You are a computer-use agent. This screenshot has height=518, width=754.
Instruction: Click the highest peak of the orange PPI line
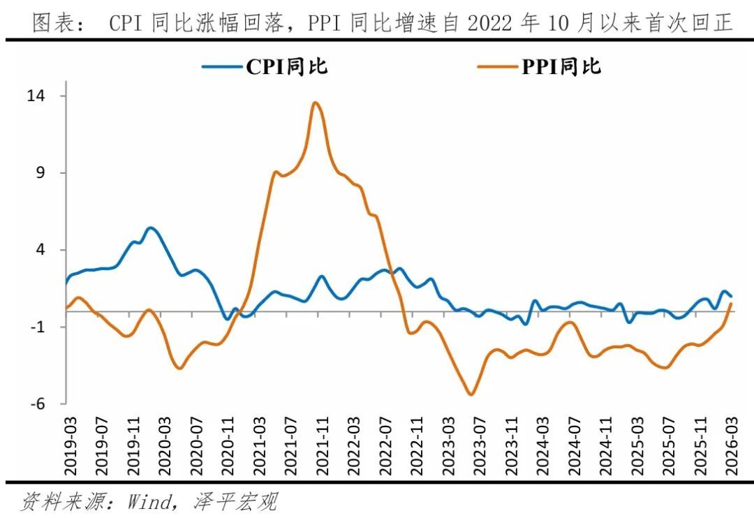pos(316,103)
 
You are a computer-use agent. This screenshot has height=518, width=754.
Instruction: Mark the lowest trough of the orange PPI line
pos(471,394)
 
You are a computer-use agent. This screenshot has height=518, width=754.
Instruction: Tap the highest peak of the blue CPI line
pos(151,228)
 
